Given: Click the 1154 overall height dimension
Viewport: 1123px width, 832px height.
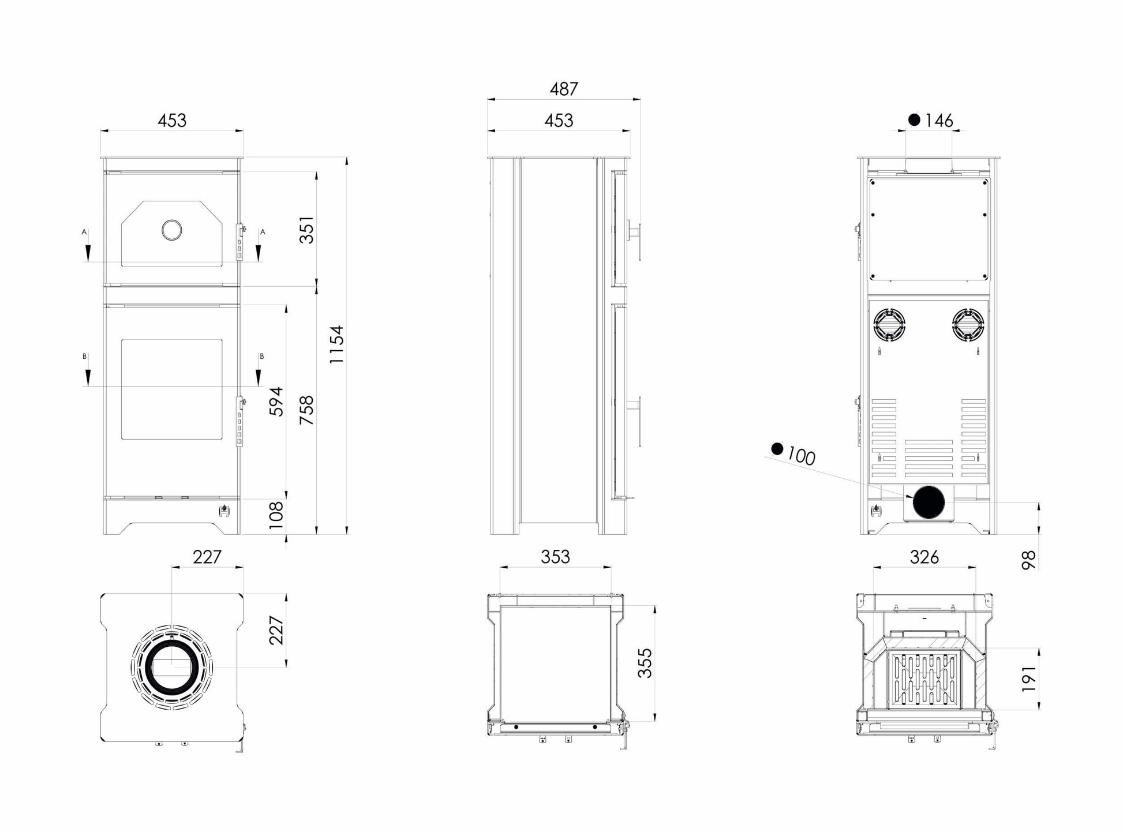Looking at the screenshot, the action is (336, 344).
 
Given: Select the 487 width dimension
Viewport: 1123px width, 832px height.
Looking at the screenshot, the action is (564, 89).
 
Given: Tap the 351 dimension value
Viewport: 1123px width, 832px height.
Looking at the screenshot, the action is (307, 230).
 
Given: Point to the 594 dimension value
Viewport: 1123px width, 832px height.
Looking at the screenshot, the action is (276, 402).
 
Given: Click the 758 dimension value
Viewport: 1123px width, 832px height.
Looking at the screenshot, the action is (307, 410).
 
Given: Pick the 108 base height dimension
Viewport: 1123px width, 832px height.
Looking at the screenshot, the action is (276, 515).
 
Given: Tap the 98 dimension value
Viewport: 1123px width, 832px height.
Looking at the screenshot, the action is (1029, 560).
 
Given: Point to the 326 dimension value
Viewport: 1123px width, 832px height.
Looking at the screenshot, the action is (924, 557).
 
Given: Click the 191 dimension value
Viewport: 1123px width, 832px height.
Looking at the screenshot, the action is (1029, 679).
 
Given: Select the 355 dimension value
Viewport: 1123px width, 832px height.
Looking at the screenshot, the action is (645, 663).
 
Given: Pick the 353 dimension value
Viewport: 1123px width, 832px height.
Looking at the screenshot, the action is (555, 557).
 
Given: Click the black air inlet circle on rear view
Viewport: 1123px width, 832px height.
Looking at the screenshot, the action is (929, 502).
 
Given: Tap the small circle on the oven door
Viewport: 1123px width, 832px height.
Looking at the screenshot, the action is (171, 230).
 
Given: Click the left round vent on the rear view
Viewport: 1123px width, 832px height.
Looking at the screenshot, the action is (889, 324).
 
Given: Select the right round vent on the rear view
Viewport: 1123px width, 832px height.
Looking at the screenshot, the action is (968, 324).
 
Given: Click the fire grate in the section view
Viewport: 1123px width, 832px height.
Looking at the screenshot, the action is (926, 681).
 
